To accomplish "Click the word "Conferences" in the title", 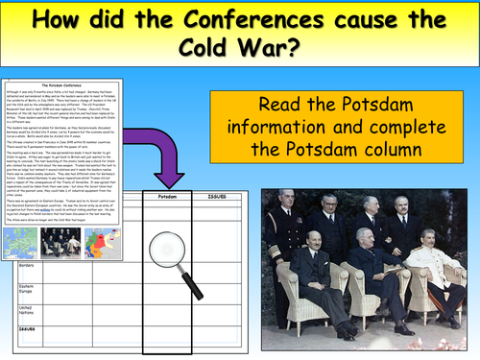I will click(x=263, y=22).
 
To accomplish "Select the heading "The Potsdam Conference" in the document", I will click(x=68, y=86).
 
